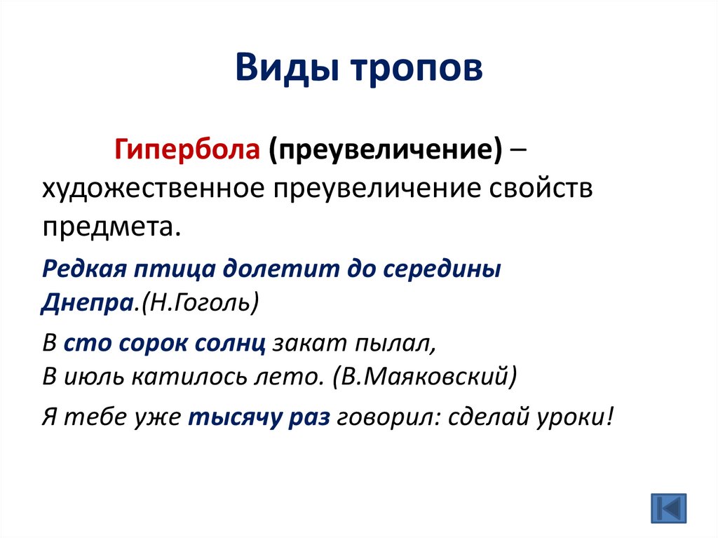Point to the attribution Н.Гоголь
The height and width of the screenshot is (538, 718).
(x=199, y=304)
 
